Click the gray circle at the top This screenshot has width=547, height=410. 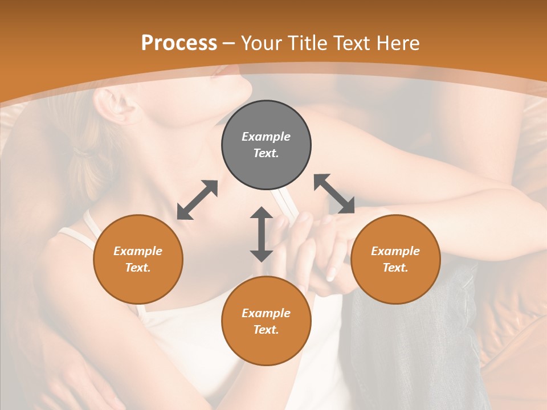pos(266,145)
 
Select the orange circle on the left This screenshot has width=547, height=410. pos(138,259)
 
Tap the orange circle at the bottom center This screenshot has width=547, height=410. pos(266,321)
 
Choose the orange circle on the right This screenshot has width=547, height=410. pos(395,259)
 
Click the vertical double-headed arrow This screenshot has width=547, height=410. pos(262,234)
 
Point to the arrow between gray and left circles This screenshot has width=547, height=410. pos(197,200)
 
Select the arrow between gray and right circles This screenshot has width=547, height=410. pos(334,194)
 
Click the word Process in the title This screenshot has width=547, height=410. pos(179,43)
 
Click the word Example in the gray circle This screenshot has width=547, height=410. pos(266,137)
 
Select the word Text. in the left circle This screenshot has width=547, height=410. pos(138,268)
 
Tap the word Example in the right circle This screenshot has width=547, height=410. pos(395,251)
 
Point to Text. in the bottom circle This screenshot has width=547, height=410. pos(266,330)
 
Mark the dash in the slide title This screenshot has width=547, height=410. pos(229,43)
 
